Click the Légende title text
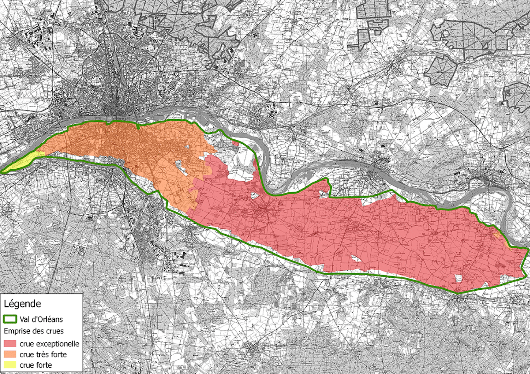22,304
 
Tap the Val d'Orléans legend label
41,319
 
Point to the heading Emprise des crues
34,331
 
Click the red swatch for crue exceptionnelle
10,344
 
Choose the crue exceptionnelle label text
49,344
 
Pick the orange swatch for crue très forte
10,354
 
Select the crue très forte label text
43,354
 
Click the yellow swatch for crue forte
10,365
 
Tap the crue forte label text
36,365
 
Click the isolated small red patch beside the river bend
236,144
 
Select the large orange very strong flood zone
134,148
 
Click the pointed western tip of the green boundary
2,172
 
